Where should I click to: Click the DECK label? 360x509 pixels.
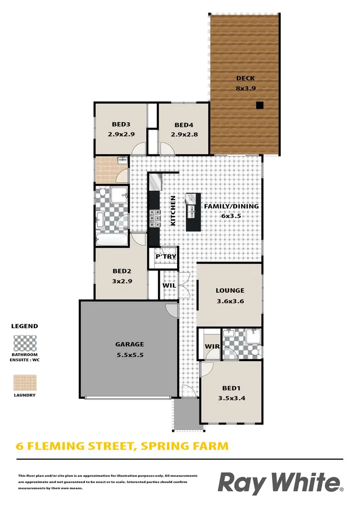tap(245, 78)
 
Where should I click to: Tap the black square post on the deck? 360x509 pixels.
tap(259, 106)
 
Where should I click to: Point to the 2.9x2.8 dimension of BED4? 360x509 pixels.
tap(184, 135)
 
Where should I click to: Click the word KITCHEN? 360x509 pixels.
tap(172, 211)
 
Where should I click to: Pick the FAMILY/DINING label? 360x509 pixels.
tap(231, 206)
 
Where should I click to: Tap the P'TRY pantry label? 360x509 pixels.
tap(166, 257)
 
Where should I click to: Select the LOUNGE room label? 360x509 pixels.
tap(230, 290)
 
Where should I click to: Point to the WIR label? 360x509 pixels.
tap(212, 346)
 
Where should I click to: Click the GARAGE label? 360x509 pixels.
tap(130, 344)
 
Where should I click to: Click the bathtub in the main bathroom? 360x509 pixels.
tap(112, 239)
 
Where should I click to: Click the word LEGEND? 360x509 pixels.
tap(24, 326)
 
